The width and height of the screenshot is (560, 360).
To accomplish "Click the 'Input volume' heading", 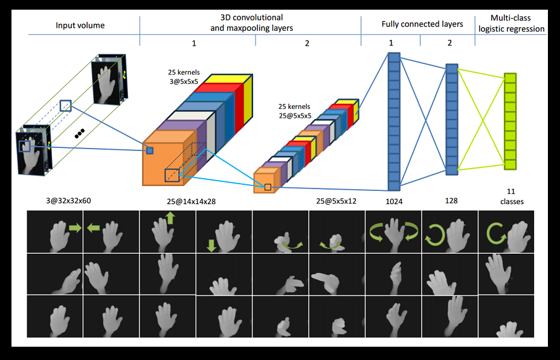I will point(80,25).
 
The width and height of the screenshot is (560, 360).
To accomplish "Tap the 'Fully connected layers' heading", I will point(422,24).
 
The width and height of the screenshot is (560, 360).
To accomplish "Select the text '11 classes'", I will point(511,198).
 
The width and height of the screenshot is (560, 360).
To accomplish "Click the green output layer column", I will point(510,121).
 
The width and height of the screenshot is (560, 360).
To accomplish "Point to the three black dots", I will point(79,133).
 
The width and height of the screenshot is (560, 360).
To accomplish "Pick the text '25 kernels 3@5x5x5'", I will point(184,77).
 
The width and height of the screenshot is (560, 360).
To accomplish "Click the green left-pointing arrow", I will point(94,228).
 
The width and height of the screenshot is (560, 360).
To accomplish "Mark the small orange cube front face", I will point(263,183).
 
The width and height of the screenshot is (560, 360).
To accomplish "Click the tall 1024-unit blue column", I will point(394,121).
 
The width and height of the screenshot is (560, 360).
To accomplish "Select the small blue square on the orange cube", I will point(150,150).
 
